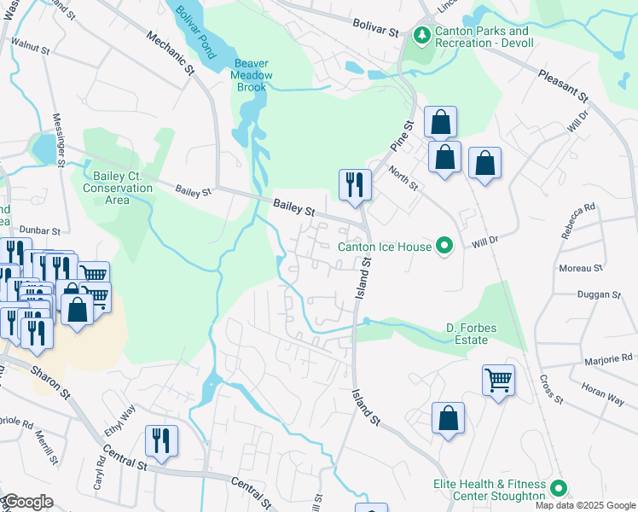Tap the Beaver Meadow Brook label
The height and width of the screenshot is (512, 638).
pos(252,75)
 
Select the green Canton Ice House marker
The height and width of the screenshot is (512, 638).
pos(443,247)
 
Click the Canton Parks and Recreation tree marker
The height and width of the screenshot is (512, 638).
pos(420,35)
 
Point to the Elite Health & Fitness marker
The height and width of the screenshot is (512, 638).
pos(559,488)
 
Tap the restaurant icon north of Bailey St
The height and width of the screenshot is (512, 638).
pos(353,185)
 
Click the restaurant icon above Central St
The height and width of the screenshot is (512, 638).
pos(161,440)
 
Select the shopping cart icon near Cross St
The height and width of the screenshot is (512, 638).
pos(498,379)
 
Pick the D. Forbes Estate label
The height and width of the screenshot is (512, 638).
pos(467,334)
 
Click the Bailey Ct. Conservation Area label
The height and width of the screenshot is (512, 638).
pos(118,188)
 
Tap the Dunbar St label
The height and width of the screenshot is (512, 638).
pos(41,230)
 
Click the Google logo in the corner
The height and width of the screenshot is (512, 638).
pos(27,502)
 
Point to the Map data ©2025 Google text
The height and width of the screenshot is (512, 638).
pos(584,505)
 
